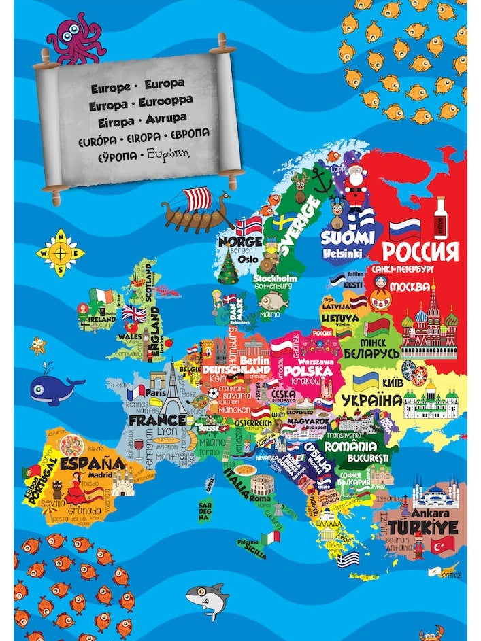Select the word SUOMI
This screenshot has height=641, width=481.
click(348, 238)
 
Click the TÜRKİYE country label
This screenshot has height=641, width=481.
click(423, 528)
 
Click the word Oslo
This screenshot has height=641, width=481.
click(248, 259)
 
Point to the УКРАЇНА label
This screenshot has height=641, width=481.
click(372, 400)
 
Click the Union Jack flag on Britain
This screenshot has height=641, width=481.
click(134, 313)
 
